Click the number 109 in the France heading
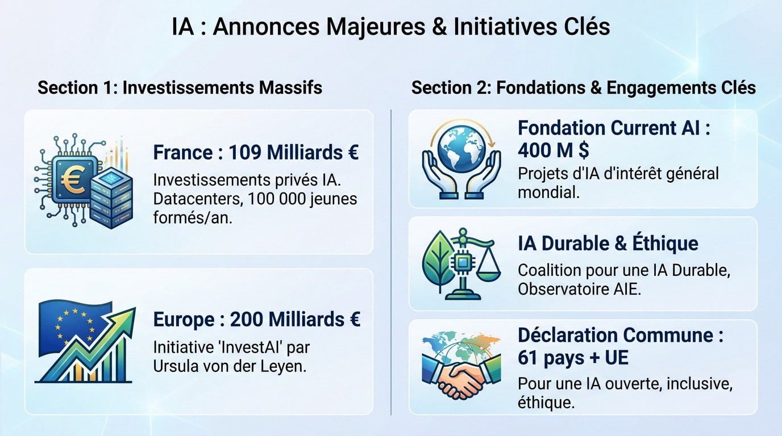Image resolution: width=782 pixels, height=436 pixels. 247,153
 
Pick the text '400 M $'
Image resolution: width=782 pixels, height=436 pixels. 553,150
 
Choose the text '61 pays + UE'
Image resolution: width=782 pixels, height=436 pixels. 573,358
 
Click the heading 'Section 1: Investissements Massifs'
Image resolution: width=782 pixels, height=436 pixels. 180,88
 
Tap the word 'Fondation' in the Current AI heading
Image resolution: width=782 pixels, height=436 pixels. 561,128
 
